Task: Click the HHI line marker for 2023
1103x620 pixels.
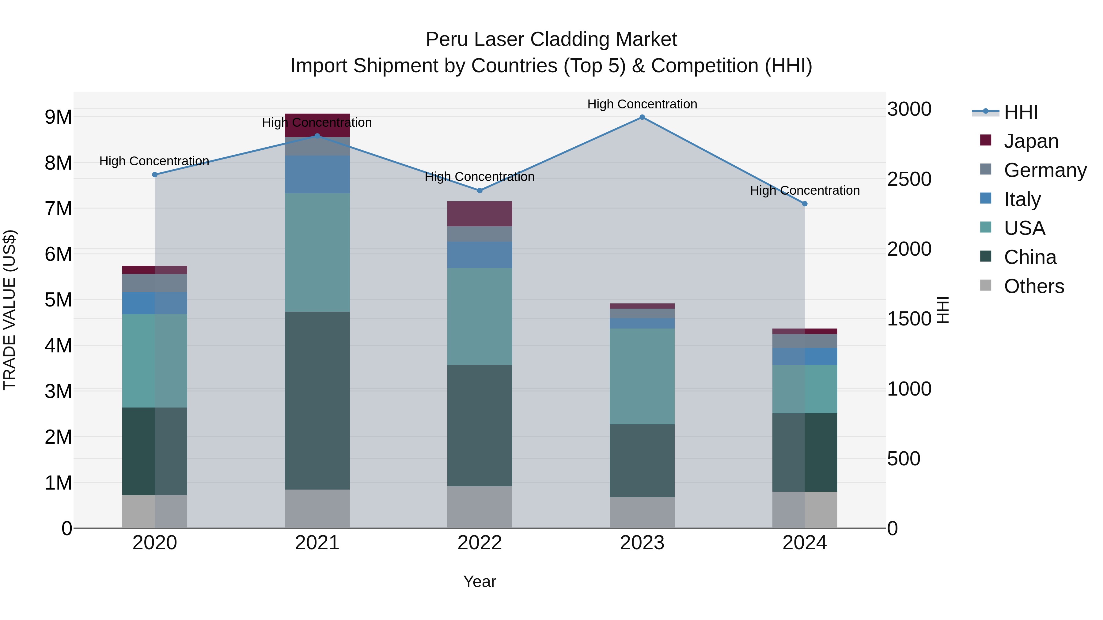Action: tap(642, 117)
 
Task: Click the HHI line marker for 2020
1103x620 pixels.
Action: tap(155, 175)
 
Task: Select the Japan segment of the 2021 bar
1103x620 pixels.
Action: tap(317, 125)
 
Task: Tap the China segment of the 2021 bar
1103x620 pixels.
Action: tap(317, 400)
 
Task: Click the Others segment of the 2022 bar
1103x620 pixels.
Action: tap(479, 507)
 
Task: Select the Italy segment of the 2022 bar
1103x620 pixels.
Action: tap(479, 255)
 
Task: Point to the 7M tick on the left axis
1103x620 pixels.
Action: tap(58, 209)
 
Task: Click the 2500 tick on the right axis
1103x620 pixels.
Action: tap(909, 179)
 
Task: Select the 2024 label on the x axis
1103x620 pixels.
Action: tap(804, 543)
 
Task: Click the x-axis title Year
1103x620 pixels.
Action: tap(479, 581)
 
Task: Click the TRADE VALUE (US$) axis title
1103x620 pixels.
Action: tap(9, 310)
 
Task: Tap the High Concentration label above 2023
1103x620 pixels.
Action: tap(642, 104)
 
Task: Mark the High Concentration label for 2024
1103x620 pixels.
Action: tap(804, 190)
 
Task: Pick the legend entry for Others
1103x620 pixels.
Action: tap(1034, 286)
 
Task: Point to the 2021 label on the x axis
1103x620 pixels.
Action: tap(317, 543)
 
